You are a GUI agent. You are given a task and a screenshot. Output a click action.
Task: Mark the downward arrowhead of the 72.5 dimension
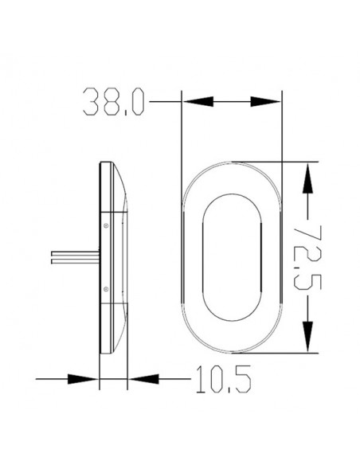click(x=307, y=338)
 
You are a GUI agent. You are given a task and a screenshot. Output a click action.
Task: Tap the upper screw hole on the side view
click(x=105, y=225)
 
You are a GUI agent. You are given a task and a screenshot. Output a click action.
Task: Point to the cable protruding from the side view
click(x=72, y=256)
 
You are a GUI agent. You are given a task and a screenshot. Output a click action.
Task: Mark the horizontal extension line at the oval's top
click(x=299, y=162)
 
